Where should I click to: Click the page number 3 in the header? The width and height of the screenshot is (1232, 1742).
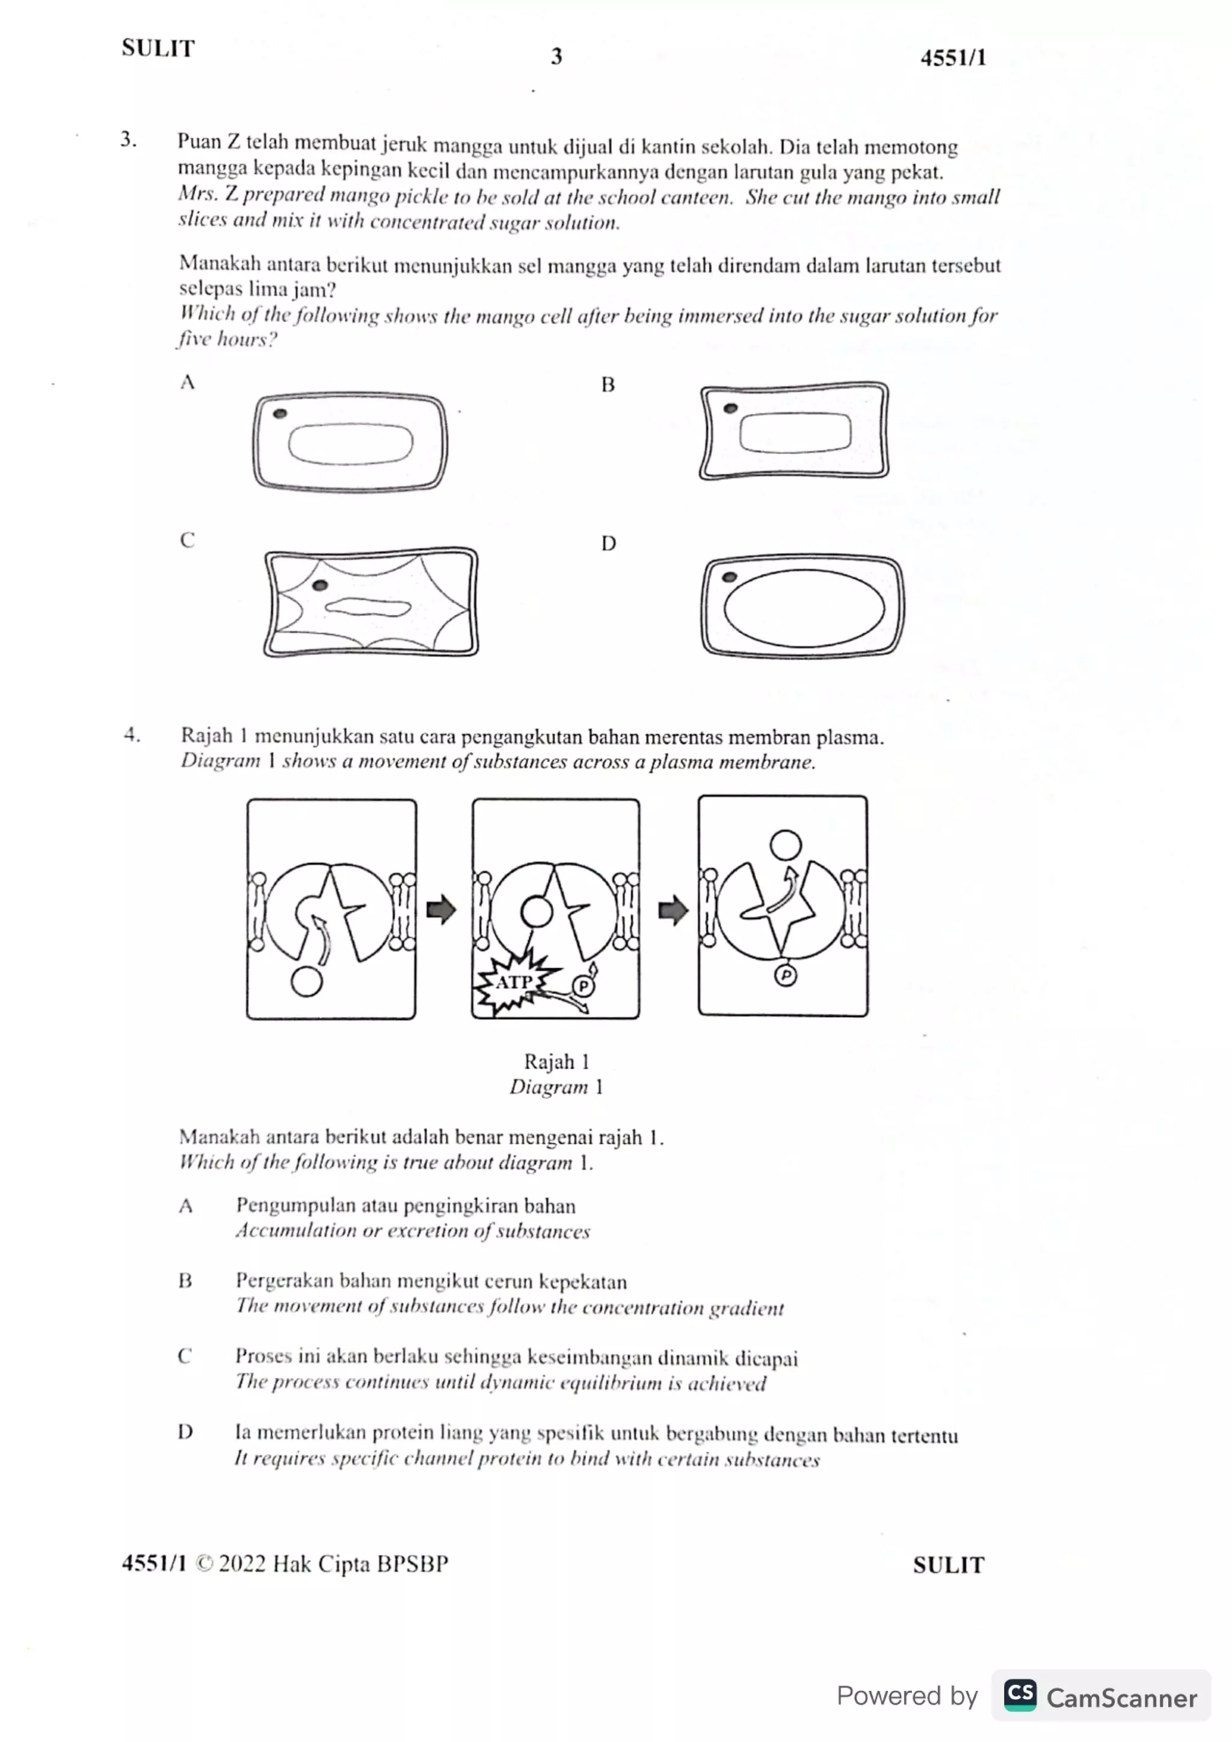556,56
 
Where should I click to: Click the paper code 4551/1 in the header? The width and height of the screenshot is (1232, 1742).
953,58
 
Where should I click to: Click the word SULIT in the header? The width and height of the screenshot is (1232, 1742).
158,49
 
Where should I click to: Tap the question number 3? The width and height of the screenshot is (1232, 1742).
128,139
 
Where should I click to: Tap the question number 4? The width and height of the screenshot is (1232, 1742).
132,735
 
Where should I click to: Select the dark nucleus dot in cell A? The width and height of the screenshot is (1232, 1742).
280,414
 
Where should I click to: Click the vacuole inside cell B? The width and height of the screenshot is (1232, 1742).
795,432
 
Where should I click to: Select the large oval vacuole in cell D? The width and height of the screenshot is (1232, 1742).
804,608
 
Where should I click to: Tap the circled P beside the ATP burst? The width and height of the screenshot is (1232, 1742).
583,986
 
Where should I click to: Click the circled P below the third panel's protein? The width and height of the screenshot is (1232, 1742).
785,975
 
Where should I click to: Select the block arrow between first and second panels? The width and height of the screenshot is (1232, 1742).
441,909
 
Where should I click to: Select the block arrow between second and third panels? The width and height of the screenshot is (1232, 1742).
673,909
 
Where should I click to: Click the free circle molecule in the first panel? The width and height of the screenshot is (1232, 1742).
307,981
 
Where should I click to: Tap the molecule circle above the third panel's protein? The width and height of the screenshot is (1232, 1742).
786,845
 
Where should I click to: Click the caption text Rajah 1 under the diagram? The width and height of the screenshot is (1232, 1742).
556,1062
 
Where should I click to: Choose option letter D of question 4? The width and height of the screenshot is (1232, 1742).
185,1432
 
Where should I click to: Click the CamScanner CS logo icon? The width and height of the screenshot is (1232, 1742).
1020,1695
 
